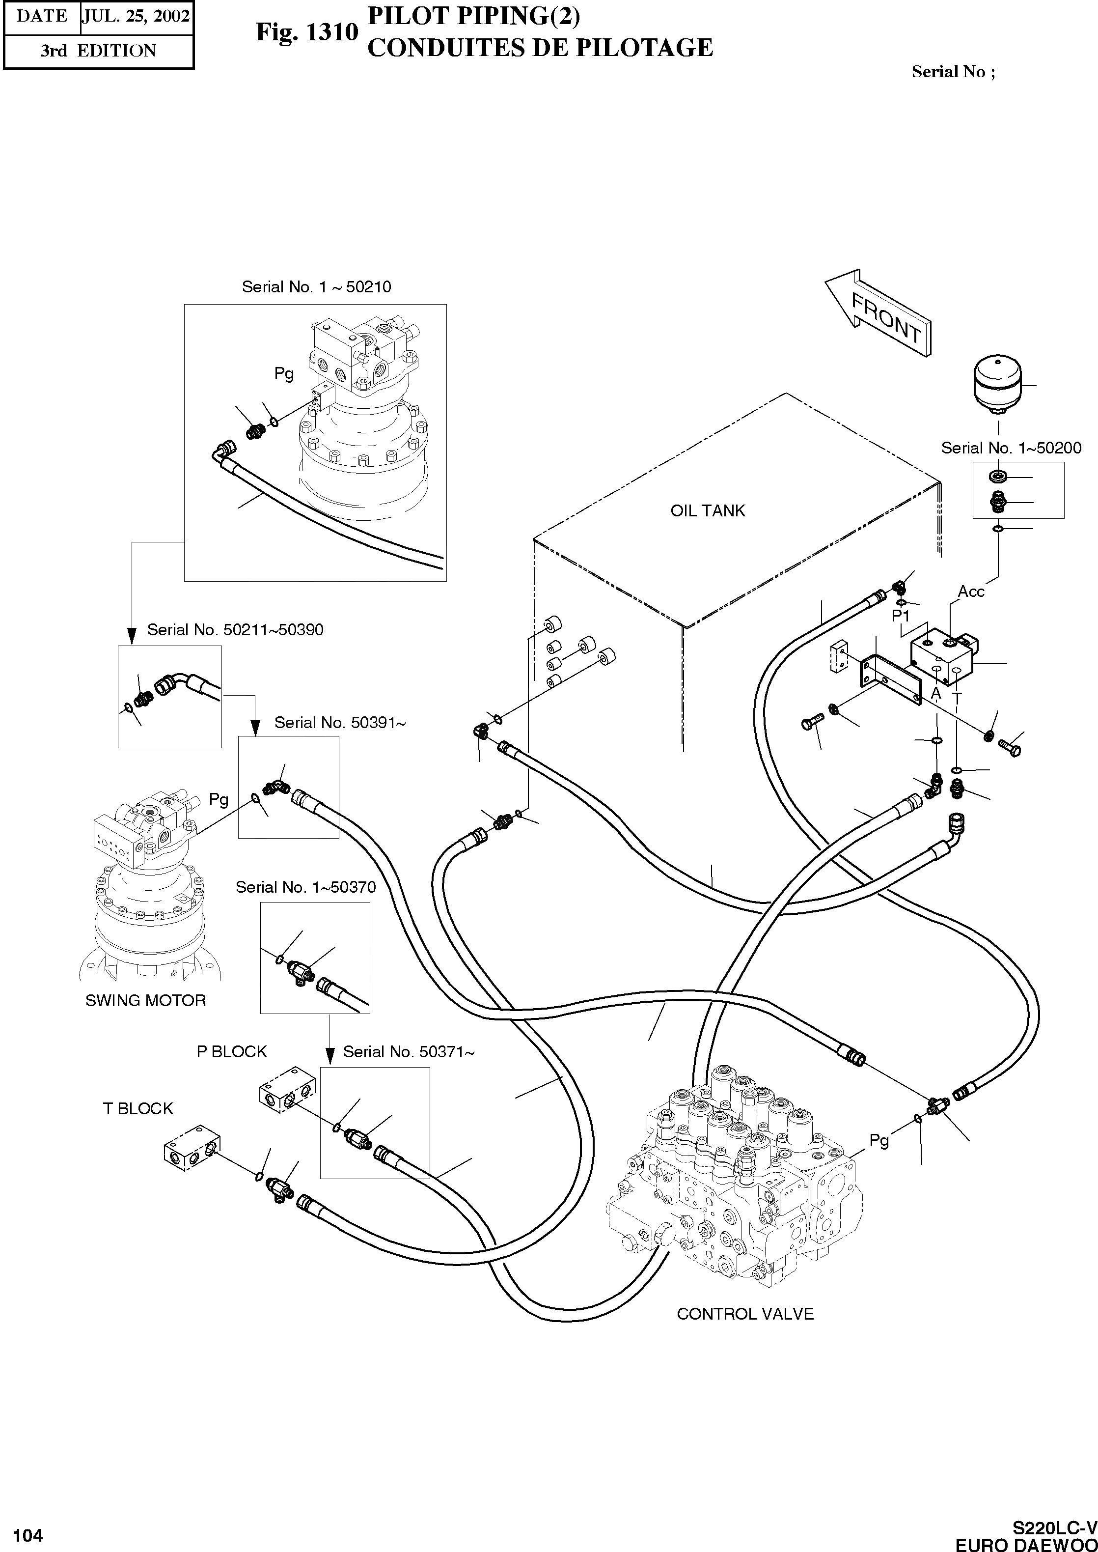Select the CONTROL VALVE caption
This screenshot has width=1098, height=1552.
click(x=745, y=1314)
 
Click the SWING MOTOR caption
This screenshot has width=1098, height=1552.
click(x=145, y=1000)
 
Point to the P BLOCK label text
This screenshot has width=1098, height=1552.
click(x=231, y=1051)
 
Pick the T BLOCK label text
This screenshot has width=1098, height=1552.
click(x=138, y=1108)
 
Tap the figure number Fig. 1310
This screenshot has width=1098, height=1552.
click(x=306, y=32)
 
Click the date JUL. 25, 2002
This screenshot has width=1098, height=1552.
click(x=136, y=16)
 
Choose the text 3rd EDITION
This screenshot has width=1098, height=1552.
click(x=98, y=51)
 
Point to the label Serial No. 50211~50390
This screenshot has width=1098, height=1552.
click(x=235, y=629)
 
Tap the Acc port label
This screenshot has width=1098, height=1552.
click(x=971, y=592)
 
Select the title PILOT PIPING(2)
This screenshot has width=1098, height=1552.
click(x=473, y=16)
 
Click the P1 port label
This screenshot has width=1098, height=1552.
click(x=901, y=616)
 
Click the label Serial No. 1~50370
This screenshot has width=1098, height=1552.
click(x=305, y=887)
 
